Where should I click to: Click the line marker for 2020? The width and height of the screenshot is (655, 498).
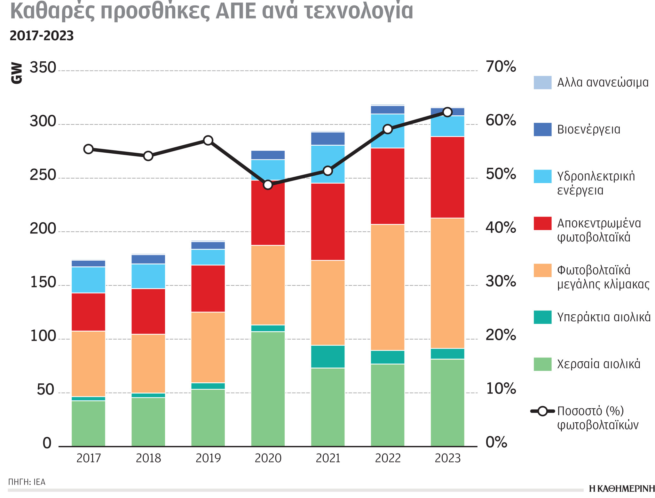[x=268, y=185]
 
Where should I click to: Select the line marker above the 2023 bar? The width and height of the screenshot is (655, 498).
[x=447, y=112]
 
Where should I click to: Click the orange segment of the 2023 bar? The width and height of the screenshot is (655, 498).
[x=447, y=283]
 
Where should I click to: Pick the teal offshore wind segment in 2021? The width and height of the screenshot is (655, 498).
[x=328, y=356]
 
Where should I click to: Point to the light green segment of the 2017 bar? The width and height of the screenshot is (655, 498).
[x=88, y=423]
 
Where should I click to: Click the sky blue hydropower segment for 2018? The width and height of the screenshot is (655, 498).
[x=148, y=276]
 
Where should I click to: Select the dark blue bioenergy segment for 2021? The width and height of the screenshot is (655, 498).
[x=328, y=139]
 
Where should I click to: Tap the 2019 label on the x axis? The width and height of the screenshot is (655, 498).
[x=208, y=458]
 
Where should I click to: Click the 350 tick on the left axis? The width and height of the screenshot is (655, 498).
[x=43, y=68]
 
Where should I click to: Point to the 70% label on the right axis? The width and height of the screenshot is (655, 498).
[x=501, y=67]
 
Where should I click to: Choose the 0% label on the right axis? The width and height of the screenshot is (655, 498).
[x=496, y=442]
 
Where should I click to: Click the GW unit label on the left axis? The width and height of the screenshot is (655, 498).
[x=17, y=73]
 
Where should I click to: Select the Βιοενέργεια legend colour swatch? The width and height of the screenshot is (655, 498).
[x=542, y=129]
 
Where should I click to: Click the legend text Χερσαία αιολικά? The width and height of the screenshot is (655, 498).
[x=598, y=364]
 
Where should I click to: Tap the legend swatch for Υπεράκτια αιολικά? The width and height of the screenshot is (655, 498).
[x=542, y=317]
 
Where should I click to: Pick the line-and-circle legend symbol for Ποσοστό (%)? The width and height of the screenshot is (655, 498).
[x=542, y=411]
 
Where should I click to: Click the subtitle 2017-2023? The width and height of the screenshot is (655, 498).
[x=42, y=36]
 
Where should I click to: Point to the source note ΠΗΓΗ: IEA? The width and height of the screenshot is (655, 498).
[x=27, y=482]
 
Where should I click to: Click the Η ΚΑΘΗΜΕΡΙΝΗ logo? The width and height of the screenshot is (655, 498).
[x=622, y=488]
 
